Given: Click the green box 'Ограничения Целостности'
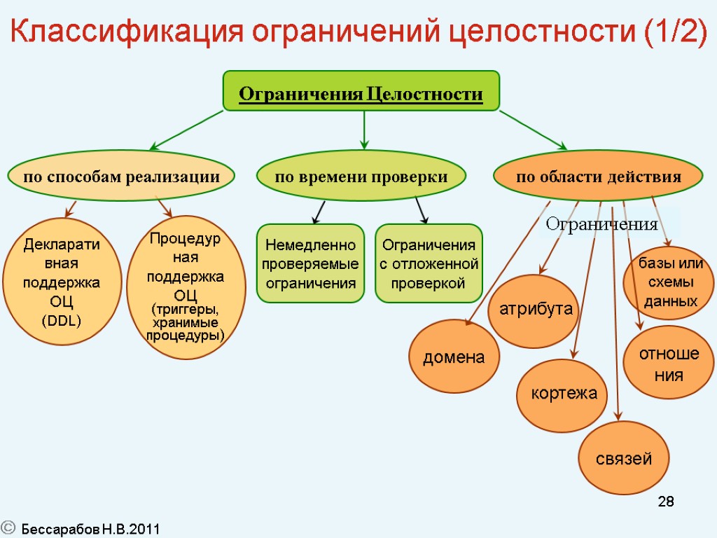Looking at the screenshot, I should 361,91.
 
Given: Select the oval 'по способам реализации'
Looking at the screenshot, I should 121,177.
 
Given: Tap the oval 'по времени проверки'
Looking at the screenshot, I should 361,177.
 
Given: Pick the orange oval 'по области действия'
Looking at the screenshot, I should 599,177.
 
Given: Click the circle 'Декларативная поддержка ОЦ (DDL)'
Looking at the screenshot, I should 62,283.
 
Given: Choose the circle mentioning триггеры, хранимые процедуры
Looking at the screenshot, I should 186,287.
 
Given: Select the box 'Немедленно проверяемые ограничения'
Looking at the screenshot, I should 310,264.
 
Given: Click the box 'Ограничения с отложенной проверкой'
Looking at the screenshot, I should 429,264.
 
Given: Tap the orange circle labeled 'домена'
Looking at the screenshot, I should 454,357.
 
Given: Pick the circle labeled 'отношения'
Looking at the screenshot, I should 668,363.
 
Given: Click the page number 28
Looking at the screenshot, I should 666,502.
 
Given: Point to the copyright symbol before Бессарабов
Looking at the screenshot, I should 8,528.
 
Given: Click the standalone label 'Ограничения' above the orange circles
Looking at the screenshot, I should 601,225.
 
